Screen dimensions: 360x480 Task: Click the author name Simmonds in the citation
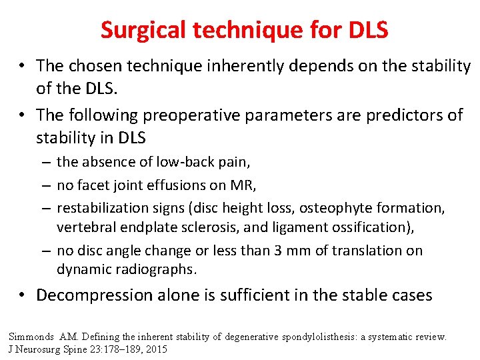click(x=32, y=337)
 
